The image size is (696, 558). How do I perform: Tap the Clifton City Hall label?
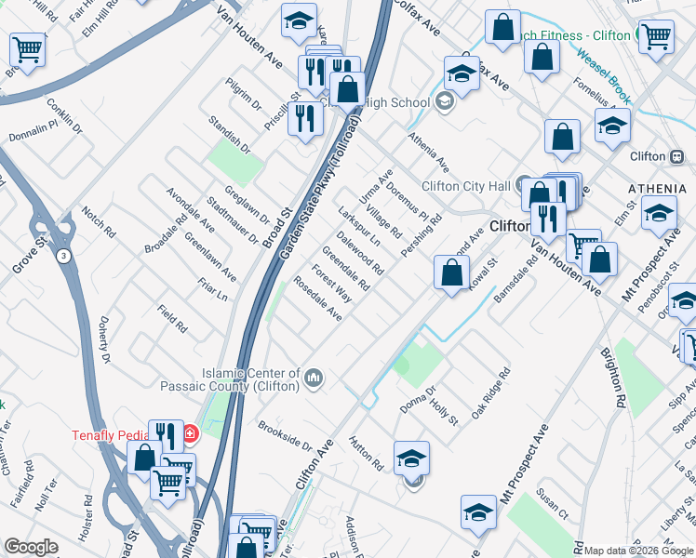click(467, 185)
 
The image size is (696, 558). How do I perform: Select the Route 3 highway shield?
click(62, 256)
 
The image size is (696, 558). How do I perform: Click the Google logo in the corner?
click(31, 547)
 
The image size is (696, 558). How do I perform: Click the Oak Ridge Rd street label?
click(490, 393)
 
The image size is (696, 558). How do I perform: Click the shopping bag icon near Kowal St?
click(451, 273)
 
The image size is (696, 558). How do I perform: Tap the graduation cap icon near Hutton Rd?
click(411, 458)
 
